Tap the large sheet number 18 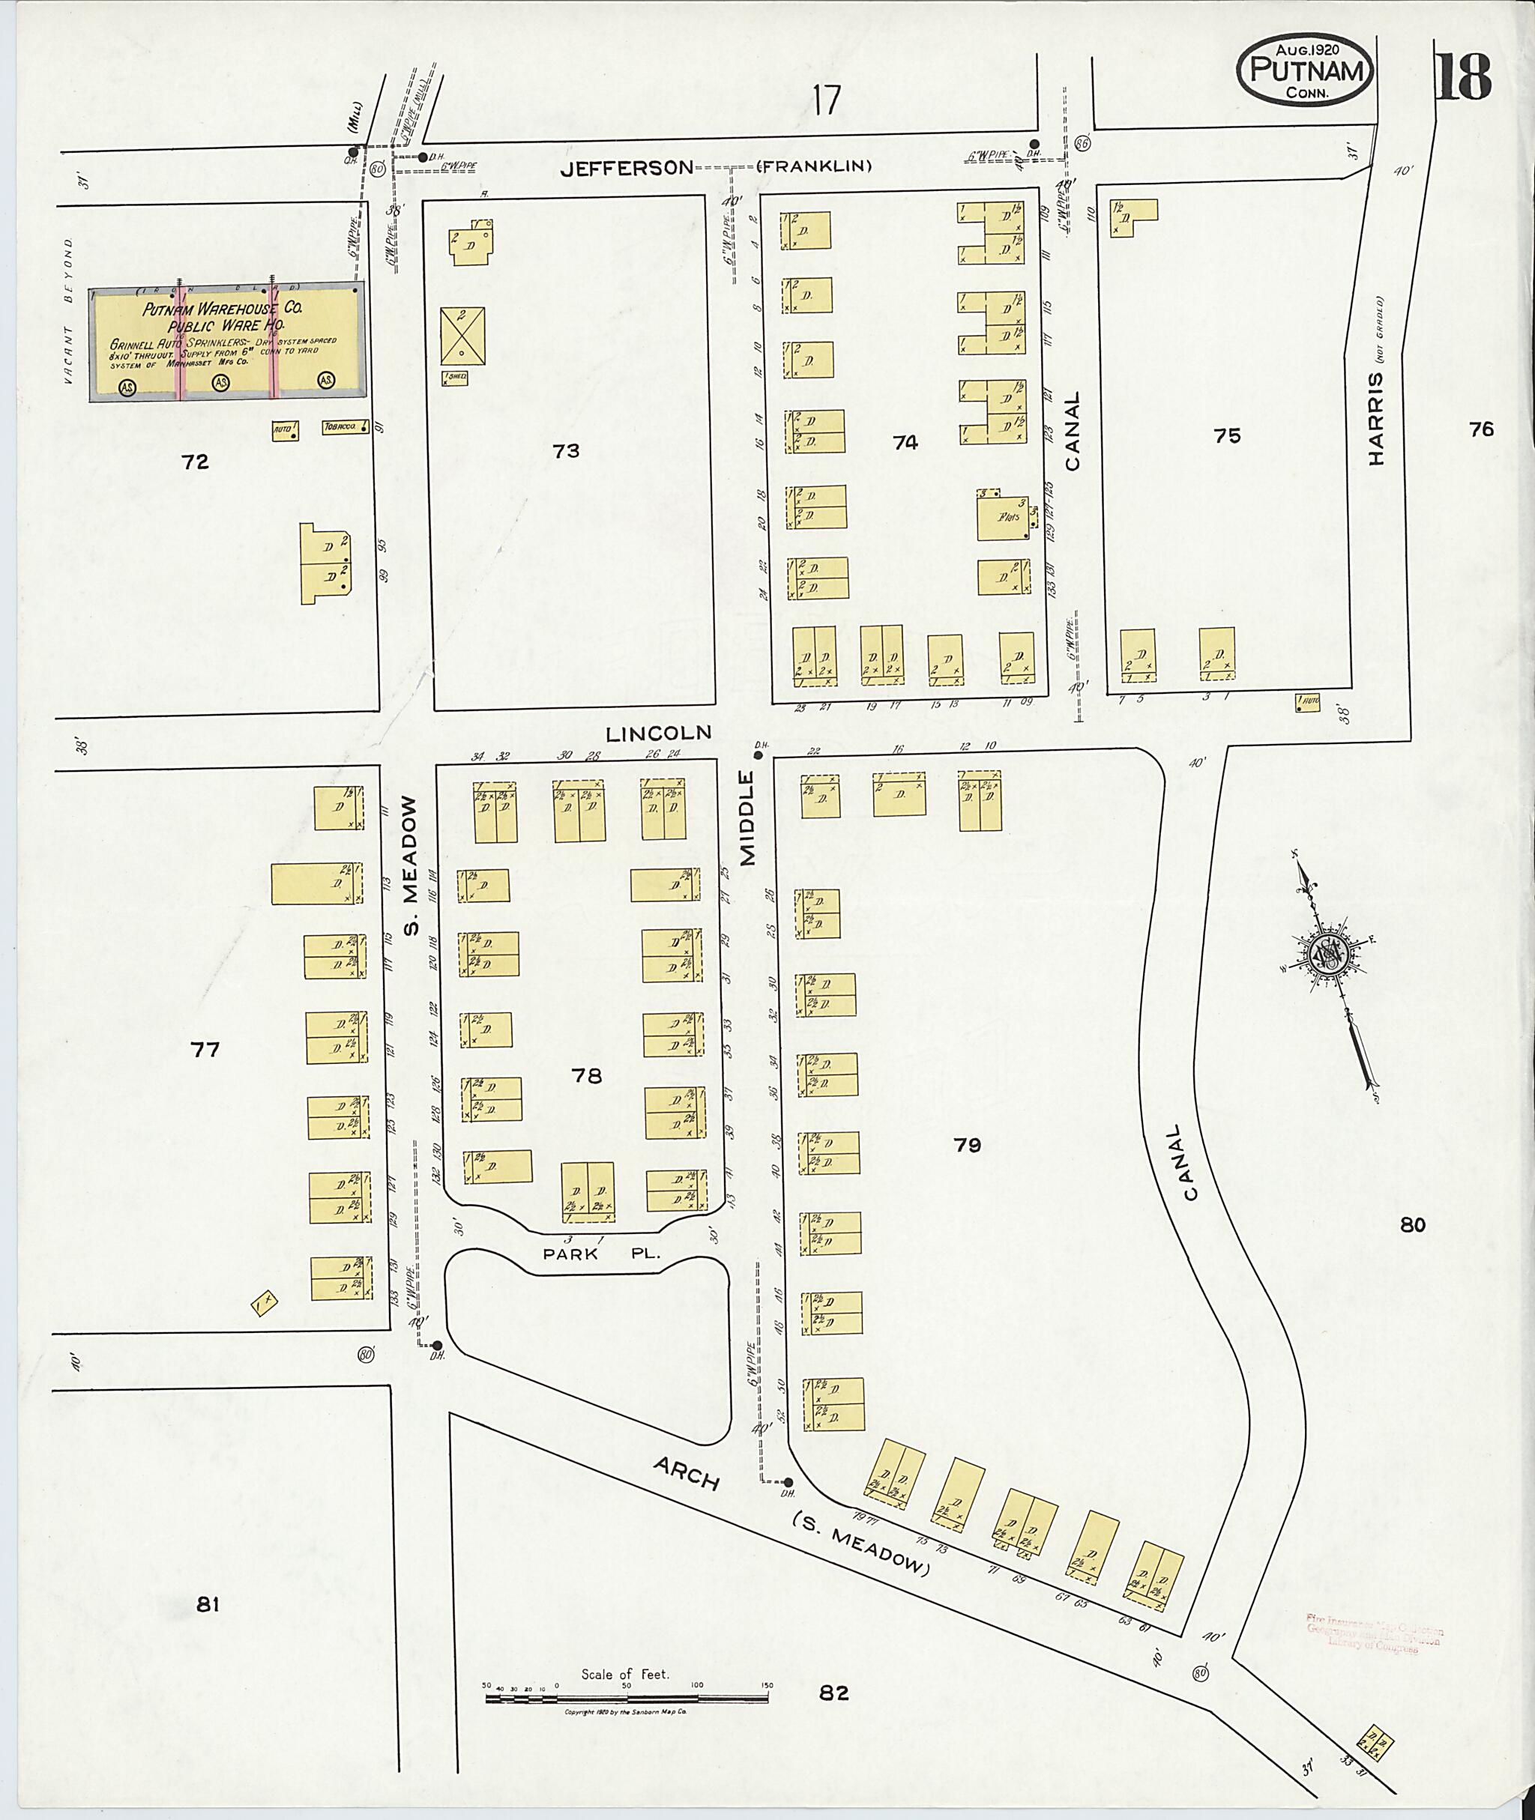(x=1464, y=77)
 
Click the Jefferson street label (x=627, y=168)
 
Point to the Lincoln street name (x=658, y=733)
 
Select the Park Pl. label (x=601, y=1254)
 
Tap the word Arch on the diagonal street (x=687, y=1474)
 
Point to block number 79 (x=967, y=1145)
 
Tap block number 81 (x=206, y=1605)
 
